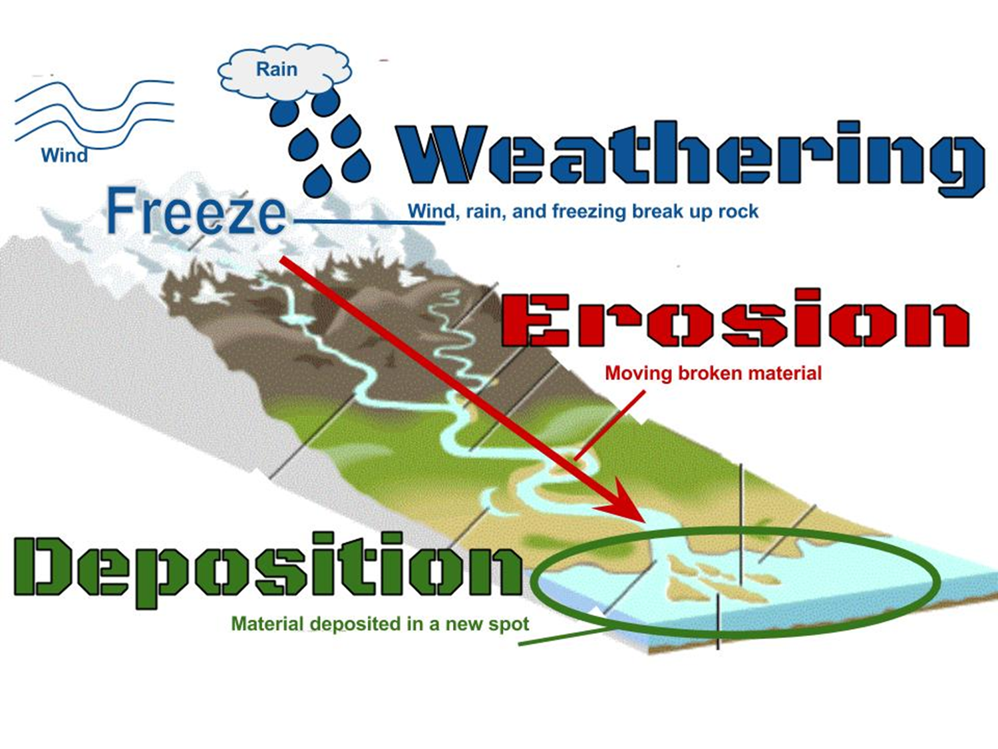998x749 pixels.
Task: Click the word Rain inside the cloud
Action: click(x=276, y=69)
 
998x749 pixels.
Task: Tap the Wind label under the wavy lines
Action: click(x=64, y=156)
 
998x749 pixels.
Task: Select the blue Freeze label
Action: click(x=196, y=212)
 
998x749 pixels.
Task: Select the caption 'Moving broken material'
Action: click(x=713, y=373)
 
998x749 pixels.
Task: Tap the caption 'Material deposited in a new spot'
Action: click(x=380, y=624)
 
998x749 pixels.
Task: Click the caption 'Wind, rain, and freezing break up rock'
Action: click(x=583, y=212)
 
